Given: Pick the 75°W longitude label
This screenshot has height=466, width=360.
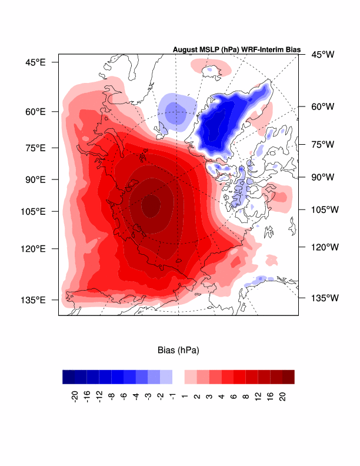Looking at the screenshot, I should [x=322, y=144].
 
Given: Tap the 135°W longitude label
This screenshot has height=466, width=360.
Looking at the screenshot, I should [x=324, y=298].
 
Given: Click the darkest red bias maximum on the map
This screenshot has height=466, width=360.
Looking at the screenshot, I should [x=151, y=207].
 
